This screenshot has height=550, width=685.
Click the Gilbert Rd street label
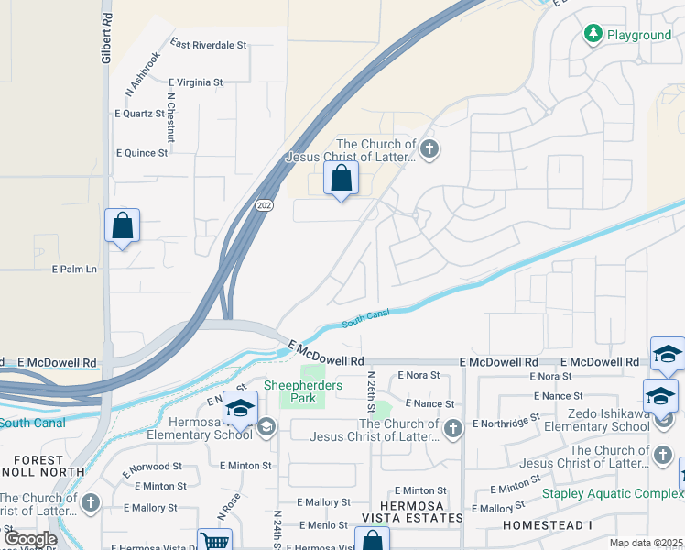coord(107,38)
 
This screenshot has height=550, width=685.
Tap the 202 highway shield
coord(264,205)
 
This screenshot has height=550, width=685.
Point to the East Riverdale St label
coord(209,44)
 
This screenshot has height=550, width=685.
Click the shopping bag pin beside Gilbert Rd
coord(122,225)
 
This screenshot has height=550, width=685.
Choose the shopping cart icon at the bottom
coord(214,541)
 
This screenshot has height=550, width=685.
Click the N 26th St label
coord(371,390)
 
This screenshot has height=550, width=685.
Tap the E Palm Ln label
coord(74,269)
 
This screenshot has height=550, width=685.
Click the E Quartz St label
coord(139,114)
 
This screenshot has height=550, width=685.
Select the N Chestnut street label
coord(170,117)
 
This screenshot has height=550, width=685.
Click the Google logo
coord(30,539)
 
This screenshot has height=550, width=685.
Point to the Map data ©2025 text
coord(645,543)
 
